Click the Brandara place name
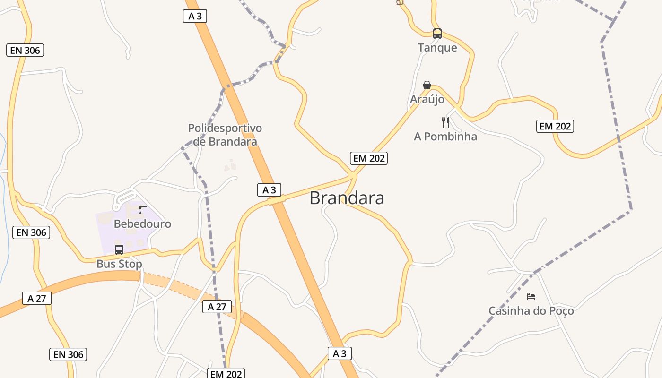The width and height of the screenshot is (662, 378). pos(347,198)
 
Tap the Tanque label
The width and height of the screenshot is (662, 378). pos(437,47)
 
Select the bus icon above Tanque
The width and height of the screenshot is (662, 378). pos(437,33)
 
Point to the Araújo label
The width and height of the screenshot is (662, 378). pos(427,99)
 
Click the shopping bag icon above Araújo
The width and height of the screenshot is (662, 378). pos(427,85)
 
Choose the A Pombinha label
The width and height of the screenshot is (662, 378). pos(445,137)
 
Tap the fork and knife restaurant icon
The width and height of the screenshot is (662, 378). pos(445,122)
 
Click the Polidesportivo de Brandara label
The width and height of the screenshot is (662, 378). pos(225,135)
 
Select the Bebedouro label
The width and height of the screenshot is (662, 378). pos(142,223)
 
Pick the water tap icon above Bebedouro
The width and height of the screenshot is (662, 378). pos(142,209)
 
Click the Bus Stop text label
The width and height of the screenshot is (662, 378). pos(119,264)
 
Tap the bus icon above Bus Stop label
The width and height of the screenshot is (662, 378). pos(119,249)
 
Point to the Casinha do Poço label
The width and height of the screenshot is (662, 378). pos(531,311)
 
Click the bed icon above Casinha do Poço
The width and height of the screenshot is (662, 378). pos(531,297)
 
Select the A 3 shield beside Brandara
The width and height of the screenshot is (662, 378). pos(269,190)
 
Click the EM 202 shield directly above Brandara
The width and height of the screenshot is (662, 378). pos(369,158)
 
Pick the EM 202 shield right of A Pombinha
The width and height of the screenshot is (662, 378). pos(555,126)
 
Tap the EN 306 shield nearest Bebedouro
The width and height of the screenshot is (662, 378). pos(31,232)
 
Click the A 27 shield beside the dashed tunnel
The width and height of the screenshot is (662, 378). pos(217,307)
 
